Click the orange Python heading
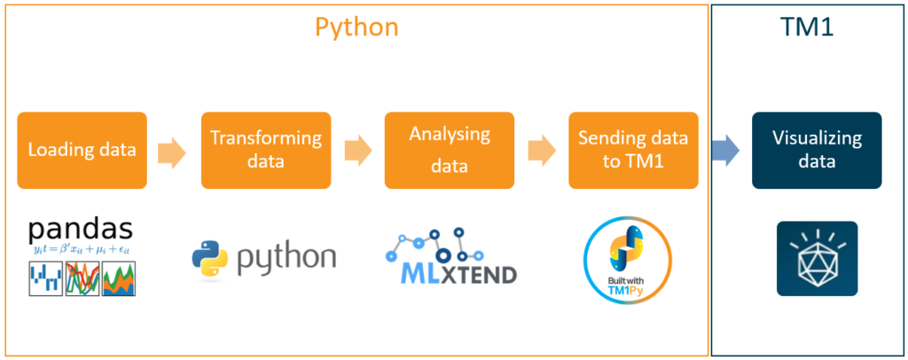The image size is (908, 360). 356,27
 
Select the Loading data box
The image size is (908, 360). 82,150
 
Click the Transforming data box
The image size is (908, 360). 265,150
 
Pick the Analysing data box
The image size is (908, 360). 449,150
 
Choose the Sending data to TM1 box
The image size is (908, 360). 632,150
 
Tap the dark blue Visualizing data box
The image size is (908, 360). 817,150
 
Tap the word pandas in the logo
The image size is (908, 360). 82,229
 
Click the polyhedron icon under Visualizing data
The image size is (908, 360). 817,258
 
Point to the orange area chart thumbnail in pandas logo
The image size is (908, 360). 121,280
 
